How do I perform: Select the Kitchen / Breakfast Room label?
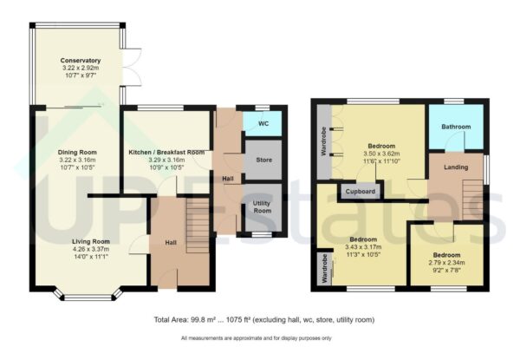[x=166, y=152]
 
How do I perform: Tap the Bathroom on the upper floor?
[x=458, y=127]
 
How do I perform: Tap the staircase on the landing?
[x=472, y=200]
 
